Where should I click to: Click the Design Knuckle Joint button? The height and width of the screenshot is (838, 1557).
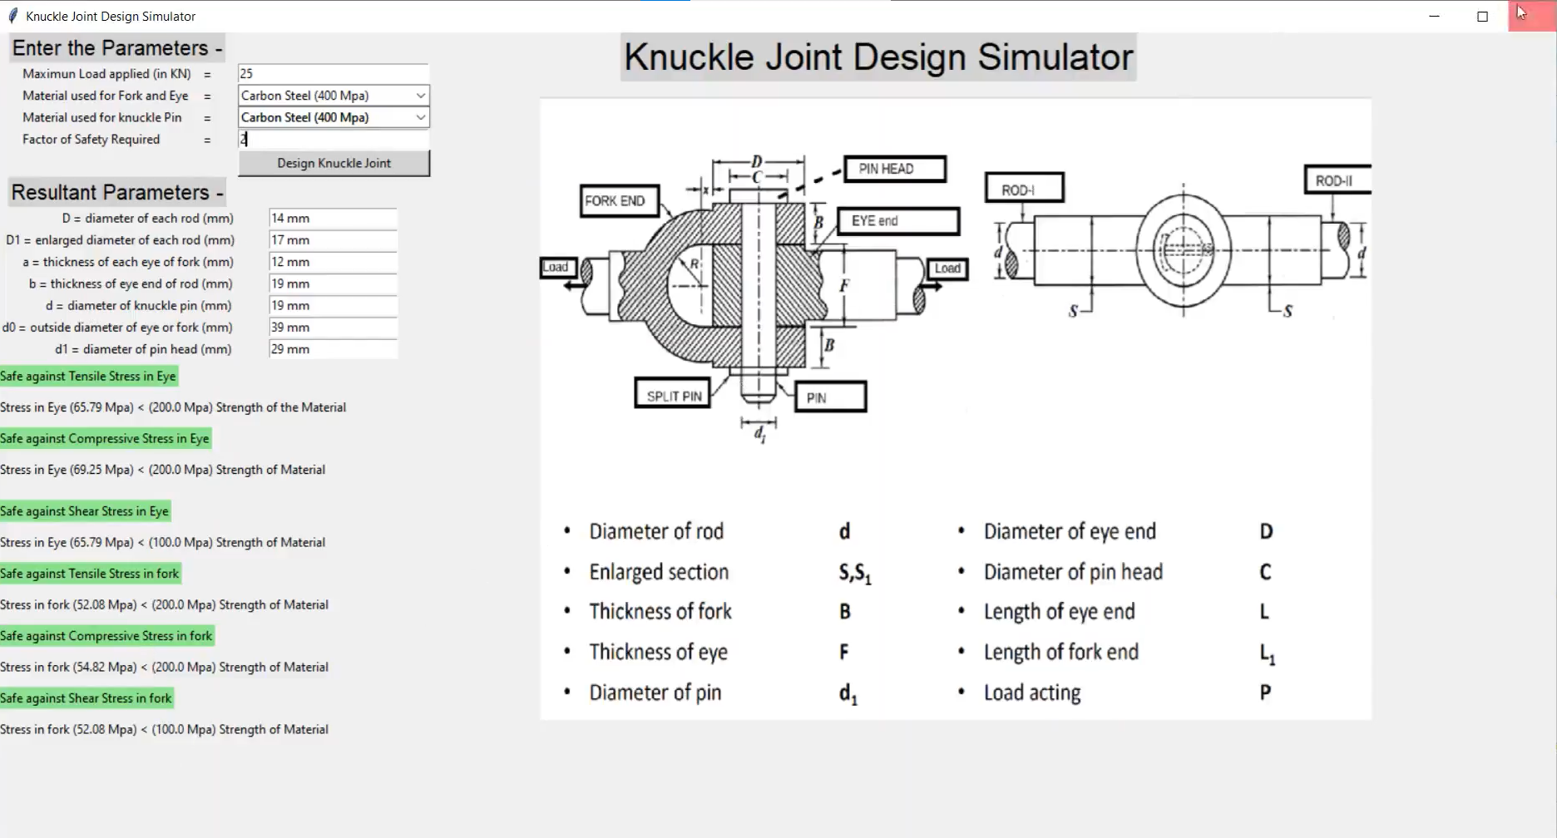pyautogui.click(x=334, y=163)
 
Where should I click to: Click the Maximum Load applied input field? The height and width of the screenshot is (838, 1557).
pyautogui.click(x=333, y=74)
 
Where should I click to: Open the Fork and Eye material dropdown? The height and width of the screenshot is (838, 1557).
pyautogui.click(x=333, y=96)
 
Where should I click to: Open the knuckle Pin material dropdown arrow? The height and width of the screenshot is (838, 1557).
pyautogui.click(x=420, y=117)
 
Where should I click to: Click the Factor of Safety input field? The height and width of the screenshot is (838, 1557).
pyautogui.click(x=333, y=140)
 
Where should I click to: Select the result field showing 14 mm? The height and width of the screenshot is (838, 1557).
pyautogui.click(x=332, y=218)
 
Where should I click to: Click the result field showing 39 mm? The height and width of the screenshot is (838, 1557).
pyautogui.click(x=332, y=328)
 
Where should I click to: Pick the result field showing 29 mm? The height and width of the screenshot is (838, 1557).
pyautogui.click(x=332, y=349)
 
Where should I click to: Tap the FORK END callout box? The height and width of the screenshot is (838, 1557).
pyautogui.click(x=619, y=201)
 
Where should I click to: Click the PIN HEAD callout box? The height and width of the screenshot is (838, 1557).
pyautogui.click(x=894, y=169)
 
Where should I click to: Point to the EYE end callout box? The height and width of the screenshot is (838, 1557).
pyautogui.click(x=897, y=221)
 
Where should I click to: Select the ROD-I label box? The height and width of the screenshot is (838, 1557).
pyautogui.click(x=1023, y=189)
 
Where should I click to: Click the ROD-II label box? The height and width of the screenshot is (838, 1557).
pyautogui.click(x=1336, y=180)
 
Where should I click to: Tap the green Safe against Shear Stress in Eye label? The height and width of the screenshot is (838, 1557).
pyautogui.click(x=85, y=511)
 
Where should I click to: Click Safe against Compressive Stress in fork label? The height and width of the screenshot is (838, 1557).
pyautogui.click(x=106, y=636)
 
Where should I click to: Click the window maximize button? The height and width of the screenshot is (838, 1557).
pyautogui.click(x=1482, y=16)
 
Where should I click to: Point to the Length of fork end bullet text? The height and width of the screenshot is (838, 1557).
pyautogui.click(x=1060, y=652)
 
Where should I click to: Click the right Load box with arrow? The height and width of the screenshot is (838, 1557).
pyautogui.click(x=947, y=269)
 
